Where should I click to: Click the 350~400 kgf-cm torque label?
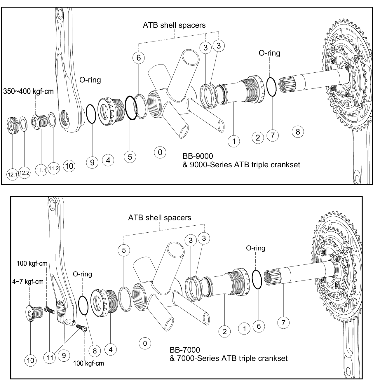(x=29, y=91)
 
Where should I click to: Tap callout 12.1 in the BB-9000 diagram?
(x=13, y=174)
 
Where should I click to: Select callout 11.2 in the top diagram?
(x=53, y=168)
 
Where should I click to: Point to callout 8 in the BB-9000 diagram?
(x=298, y=132)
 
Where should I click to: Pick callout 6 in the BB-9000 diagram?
(x=139, y=58)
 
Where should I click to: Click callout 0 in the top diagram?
(x=160, y=152)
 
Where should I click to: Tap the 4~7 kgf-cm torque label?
(x=28, y=282)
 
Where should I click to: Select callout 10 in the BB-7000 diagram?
(x=30, y=360)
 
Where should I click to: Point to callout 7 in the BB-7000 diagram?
(x=283, y=323)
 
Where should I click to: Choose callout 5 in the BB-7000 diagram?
(x=124, y=250)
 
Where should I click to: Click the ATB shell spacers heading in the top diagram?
(x=174, y=25)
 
